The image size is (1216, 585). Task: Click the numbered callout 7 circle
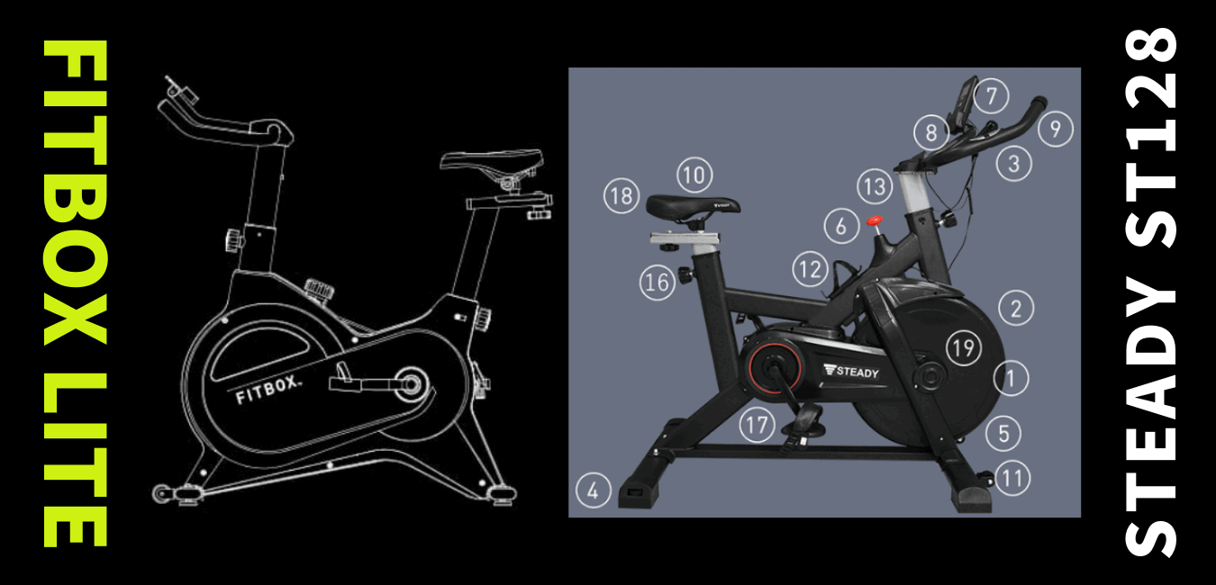click(x=991, y=96)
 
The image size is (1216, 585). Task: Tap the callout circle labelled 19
click(x=964, y=347)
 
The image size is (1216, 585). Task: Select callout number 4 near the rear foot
click(x=593, y=490)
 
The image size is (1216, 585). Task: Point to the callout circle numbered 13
click(x=875, y=187)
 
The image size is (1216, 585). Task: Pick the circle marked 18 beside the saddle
click(x=622, y=195)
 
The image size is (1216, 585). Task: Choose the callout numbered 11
click(x=1012, y=478)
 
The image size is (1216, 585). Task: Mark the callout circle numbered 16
click(x=658, y=282)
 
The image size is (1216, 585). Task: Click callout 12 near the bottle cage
click(x=810, y=269)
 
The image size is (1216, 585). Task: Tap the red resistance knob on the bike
click(x=874, y=220)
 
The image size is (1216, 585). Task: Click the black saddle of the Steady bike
click(x=692, y=206)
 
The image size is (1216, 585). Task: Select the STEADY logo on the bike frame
click(x=850, y=372)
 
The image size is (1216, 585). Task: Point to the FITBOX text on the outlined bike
click(x=267, y=390)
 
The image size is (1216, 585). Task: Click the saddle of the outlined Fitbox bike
click(x=491, y=160)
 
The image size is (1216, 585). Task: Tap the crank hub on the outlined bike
click(x=410, y=384)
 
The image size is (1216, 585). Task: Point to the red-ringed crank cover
click(x=774, y=369)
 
